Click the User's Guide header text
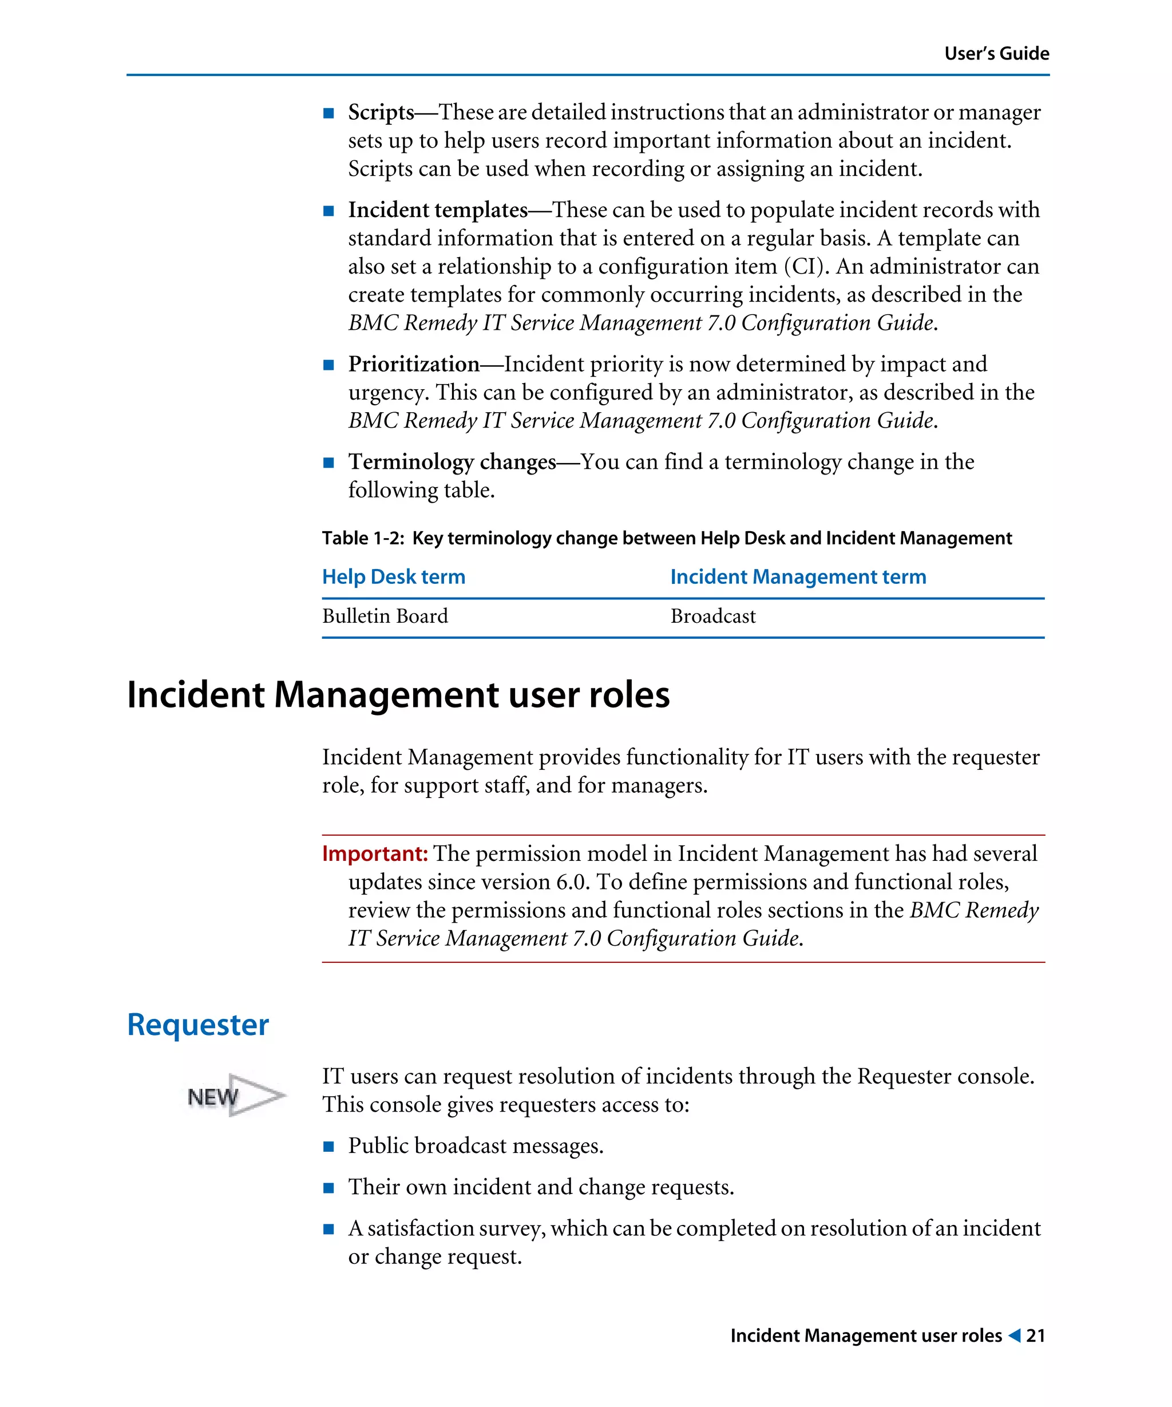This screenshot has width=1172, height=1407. point(996,54)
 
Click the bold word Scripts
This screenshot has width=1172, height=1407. point(381,113)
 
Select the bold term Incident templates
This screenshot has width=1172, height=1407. point(437,211)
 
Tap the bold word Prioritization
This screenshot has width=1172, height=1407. point(413,365)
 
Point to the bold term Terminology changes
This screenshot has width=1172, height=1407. point(452,463)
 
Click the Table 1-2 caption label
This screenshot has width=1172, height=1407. point(362,538)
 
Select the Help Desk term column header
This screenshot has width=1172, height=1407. point(393,577)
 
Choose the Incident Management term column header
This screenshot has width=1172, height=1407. point(798,577)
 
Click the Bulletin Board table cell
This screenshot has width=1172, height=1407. point(385,616)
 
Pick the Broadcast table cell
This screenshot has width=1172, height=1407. point(712,616)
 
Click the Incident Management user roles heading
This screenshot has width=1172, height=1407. point(398,695)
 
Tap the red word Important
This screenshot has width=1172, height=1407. point(374,853)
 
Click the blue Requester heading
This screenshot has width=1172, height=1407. point(197,1025)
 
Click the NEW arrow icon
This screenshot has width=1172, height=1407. point(236,1097)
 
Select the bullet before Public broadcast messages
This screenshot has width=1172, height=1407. point(328,1147)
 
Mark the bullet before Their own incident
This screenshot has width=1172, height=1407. point(328,1188)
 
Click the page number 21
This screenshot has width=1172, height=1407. point(1035,1336)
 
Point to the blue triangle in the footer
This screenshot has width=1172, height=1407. point(1014,1335)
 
